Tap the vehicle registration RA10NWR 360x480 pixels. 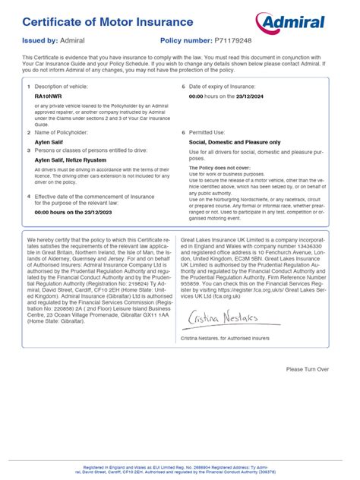pyautogui.click(x=49, y=98)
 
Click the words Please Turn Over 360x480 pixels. pyautogui.click(x=308, y=369)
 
